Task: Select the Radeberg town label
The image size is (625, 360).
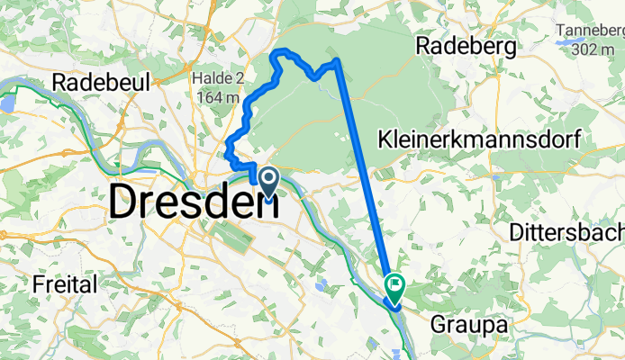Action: (x=465, y=45)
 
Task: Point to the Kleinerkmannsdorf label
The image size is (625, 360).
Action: (x=478, y=139)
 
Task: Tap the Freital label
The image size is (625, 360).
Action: (x=65, y=285)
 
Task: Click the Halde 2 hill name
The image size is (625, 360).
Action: (x=214, y=78)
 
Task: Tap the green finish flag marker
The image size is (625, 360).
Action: (x=394, y=287)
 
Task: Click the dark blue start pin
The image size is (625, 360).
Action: (x=267, y=181)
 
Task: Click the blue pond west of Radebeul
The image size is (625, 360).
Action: (x=8, y=102)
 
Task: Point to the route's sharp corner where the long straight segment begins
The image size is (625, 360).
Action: (x=338, y=61)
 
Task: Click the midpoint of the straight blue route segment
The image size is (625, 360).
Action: (x=366, y=175)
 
